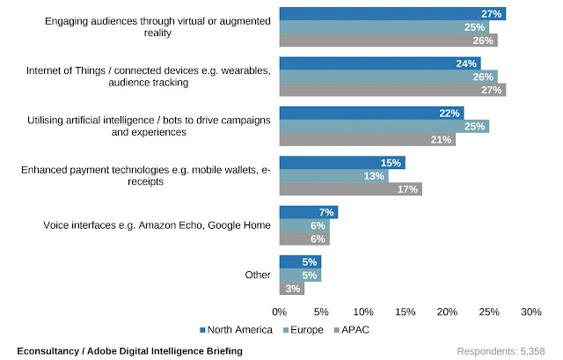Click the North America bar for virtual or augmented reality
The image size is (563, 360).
pyautogui.click(x=392, y=13)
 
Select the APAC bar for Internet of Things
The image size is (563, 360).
pyautogui.click(x=392, y=89)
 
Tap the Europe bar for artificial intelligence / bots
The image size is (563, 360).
pyautogui.click(x=384, y=126)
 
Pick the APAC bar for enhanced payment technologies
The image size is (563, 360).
pyautogui.click(x=350, y=188)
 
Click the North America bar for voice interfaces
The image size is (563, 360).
pyautogui.click(x=309, y=213)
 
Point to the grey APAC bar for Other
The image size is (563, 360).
pyautogui.click(x=292, y=288)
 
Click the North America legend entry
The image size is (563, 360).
pyautogui.click(x=237, y=331)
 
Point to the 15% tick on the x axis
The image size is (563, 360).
pyautogui.click(x=405, y=312)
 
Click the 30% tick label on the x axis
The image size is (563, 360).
pyautogui.click(x=530, y=312)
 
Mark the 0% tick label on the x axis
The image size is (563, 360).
pyautogui.click(x=280, y=312)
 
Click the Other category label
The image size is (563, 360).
pyautogui.click(x=258, y=276)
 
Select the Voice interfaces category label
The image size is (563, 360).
pyautogui.click(x=157, y=226)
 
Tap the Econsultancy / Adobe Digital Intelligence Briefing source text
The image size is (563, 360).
pyautogui.click(x=129, y=351)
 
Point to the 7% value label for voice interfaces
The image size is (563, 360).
pyautogui.click(x=326, y=213)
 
